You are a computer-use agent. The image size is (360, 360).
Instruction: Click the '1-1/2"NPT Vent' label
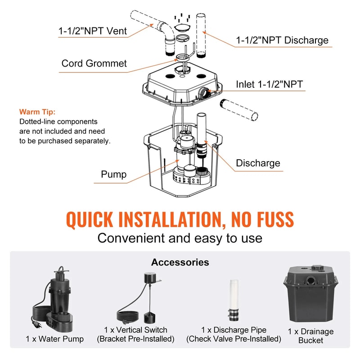point(92,31)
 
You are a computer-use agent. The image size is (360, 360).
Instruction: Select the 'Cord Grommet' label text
point(94,63)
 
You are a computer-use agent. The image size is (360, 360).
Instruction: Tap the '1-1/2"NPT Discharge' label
point(282,40)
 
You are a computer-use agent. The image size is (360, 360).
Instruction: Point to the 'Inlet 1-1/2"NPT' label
point(270,84)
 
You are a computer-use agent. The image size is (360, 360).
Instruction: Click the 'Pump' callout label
point(113,174)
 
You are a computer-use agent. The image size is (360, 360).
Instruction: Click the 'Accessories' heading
point(180,262)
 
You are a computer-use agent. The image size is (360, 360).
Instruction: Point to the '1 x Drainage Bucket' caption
point(311,336)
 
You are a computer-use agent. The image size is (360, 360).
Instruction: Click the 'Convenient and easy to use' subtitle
point(180,238)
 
